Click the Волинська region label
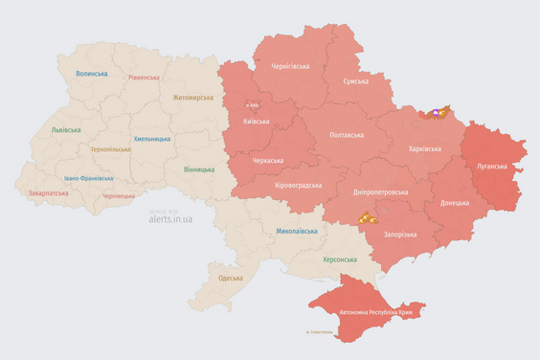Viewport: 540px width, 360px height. [x=92, y=74]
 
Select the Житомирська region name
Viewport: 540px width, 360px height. [x=194, y=97]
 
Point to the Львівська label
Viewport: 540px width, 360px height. [x=65, y=129]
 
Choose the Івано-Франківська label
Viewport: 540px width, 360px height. [x=89, y=178]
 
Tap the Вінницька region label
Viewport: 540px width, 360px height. [x=199, y=169]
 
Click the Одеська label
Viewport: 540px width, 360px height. [x=230, y=278]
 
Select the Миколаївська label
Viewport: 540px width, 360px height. [x=297, y=231]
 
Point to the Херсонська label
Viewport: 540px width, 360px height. [x=339, y=259]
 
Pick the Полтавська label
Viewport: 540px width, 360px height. [x=346, y=135]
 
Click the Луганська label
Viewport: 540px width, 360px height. [x=493, y=166]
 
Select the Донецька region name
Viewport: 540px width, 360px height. [x=455, y=203]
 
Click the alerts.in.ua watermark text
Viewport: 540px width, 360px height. [x=170, y=218]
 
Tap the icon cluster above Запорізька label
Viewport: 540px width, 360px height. [x=368, y=217]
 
